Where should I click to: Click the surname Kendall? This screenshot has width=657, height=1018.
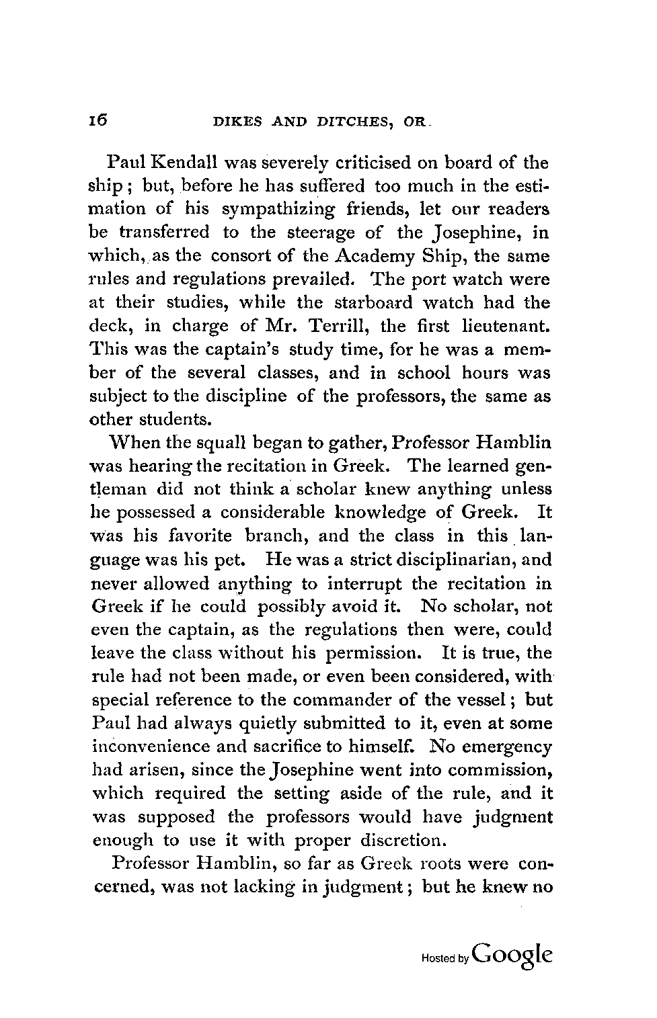click(x=182, y=163)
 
